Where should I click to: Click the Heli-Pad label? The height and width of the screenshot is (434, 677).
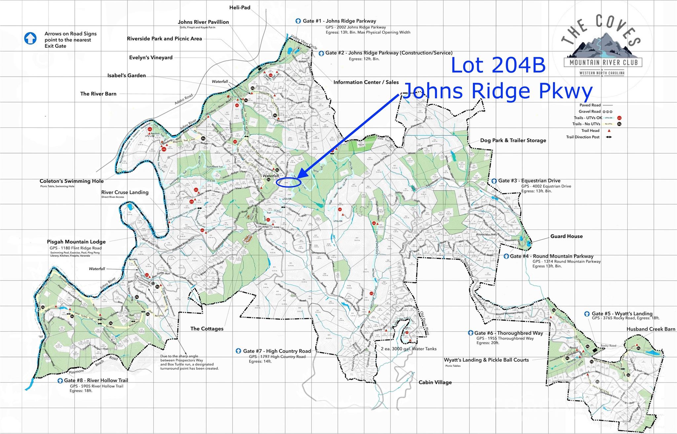click(240, 7)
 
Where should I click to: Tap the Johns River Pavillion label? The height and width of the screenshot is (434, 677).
click(203, 22)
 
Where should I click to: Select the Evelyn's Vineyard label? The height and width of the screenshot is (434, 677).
click(151, 57)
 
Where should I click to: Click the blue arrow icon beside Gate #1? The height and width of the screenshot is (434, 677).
click(298, 21)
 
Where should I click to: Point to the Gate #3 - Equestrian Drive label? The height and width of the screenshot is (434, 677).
click(529, 181)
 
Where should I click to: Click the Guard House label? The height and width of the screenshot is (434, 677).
click(566, 236)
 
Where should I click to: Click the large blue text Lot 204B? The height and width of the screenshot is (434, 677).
click(498, 65)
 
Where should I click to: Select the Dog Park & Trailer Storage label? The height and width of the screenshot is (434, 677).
click(513, 140)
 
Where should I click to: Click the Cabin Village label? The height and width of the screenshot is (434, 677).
click(435, 382)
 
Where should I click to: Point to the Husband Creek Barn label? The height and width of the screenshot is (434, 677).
click(651, 329)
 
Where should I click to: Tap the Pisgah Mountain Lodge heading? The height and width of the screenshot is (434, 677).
click(76, 242)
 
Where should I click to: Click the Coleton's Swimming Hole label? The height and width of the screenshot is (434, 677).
click(71, 181)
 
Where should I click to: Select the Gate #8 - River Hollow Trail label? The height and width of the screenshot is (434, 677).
click(96, 380)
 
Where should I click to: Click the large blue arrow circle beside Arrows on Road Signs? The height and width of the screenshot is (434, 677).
click(30, 38)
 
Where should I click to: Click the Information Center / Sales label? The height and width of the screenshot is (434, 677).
click(366, 82)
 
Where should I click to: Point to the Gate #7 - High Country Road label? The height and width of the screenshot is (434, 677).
click(277, 351)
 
